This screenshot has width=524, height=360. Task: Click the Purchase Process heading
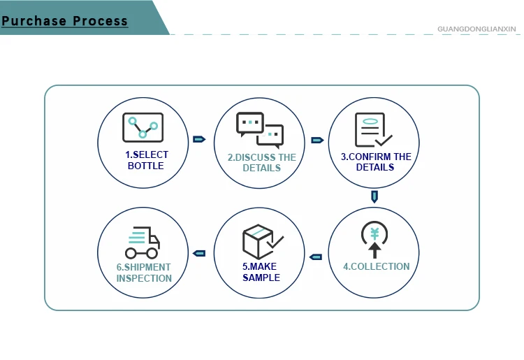click(x=65, y=20)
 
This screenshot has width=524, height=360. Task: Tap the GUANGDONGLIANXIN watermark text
click(x=476, y=29)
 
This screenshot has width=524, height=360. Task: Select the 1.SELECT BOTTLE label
click(x=146, y=160)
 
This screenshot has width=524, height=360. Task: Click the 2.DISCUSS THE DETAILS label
click(x=261, y=162)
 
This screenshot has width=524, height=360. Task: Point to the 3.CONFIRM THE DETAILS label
click(x=375, y=162)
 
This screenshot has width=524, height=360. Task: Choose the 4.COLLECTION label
click(x=376, y=266)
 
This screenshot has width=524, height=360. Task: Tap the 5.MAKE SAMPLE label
click(x=261, y=272)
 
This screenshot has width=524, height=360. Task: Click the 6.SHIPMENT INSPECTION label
click(x=144, y=273)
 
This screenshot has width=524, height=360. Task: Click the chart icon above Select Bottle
click(x=143, y=128)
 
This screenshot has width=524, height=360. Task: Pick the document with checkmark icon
click(x=372, y=129)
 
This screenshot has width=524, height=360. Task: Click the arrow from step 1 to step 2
click(x=198, y=140)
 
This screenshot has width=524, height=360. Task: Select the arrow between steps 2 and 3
click(x=317, y=140)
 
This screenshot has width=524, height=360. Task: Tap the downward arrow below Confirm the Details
click(x=374, y=197)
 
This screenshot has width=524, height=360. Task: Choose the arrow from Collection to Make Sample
click(x=316, y=257)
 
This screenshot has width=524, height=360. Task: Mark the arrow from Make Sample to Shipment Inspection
click(x=199, y=253)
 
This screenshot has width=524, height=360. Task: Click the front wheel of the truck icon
click(x=152, y=253)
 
